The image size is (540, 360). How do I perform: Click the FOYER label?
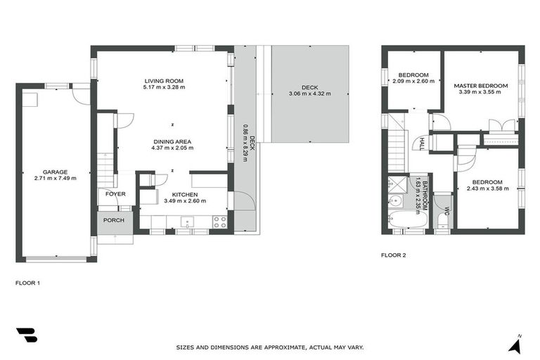click(x=116, y=194)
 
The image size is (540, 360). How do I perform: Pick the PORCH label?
click(x=114, y=220)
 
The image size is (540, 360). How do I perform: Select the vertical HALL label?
click(x=422, y=143)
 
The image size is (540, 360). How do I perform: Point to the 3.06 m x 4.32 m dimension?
click(x=309, y=94)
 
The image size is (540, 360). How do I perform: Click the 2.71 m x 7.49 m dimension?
click(x=55, y=178)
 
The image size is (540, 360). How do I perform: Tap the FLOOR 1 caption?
click(x=27, y=283)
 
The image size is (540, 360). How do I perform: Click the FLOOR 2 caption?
click(x=394, y=255)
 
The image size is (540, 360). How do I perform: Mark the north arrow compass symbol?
click(x=517, y=344)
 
